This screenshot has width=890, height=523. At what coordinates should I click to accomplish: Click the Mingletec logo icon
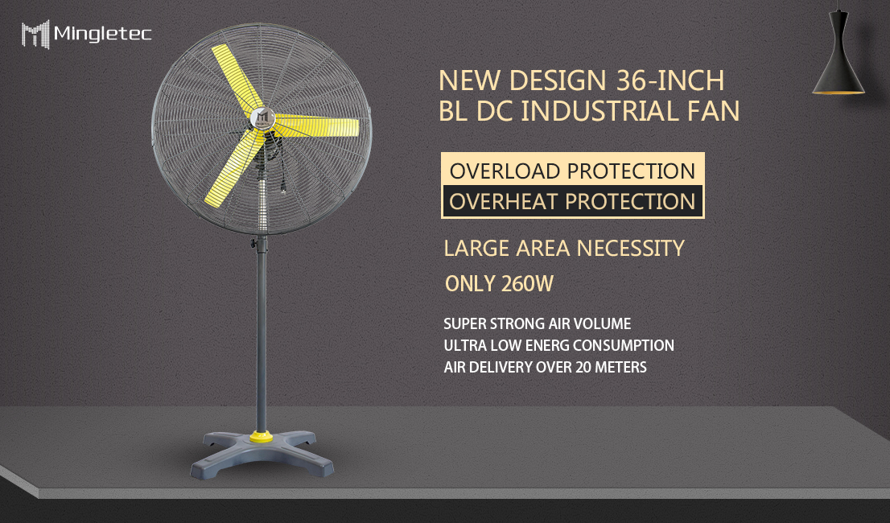point(35,34)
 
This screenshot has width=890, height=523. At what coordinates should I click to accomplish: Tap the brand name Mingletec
point(102,34)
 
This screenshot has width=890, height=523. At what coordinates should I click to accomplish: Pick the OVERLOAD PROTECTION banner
point(572,171)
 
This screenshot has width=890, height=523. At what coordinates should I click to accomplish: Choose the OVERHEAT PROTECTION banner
point(572,201)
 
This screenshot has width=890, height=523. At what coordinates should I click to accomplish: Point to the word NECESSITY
point(630,248)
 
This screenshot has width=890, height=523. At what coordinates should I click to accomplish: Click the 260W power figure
point(528,285)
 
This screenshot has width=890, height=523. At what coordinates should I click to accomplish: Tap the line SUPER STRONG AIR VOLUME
point(538,324)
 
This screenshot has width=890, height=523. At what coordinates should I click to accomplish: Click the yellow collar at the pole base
point(260,437)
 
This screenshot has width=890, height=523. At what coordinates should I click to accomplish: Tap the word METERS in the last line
point(618,368)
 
